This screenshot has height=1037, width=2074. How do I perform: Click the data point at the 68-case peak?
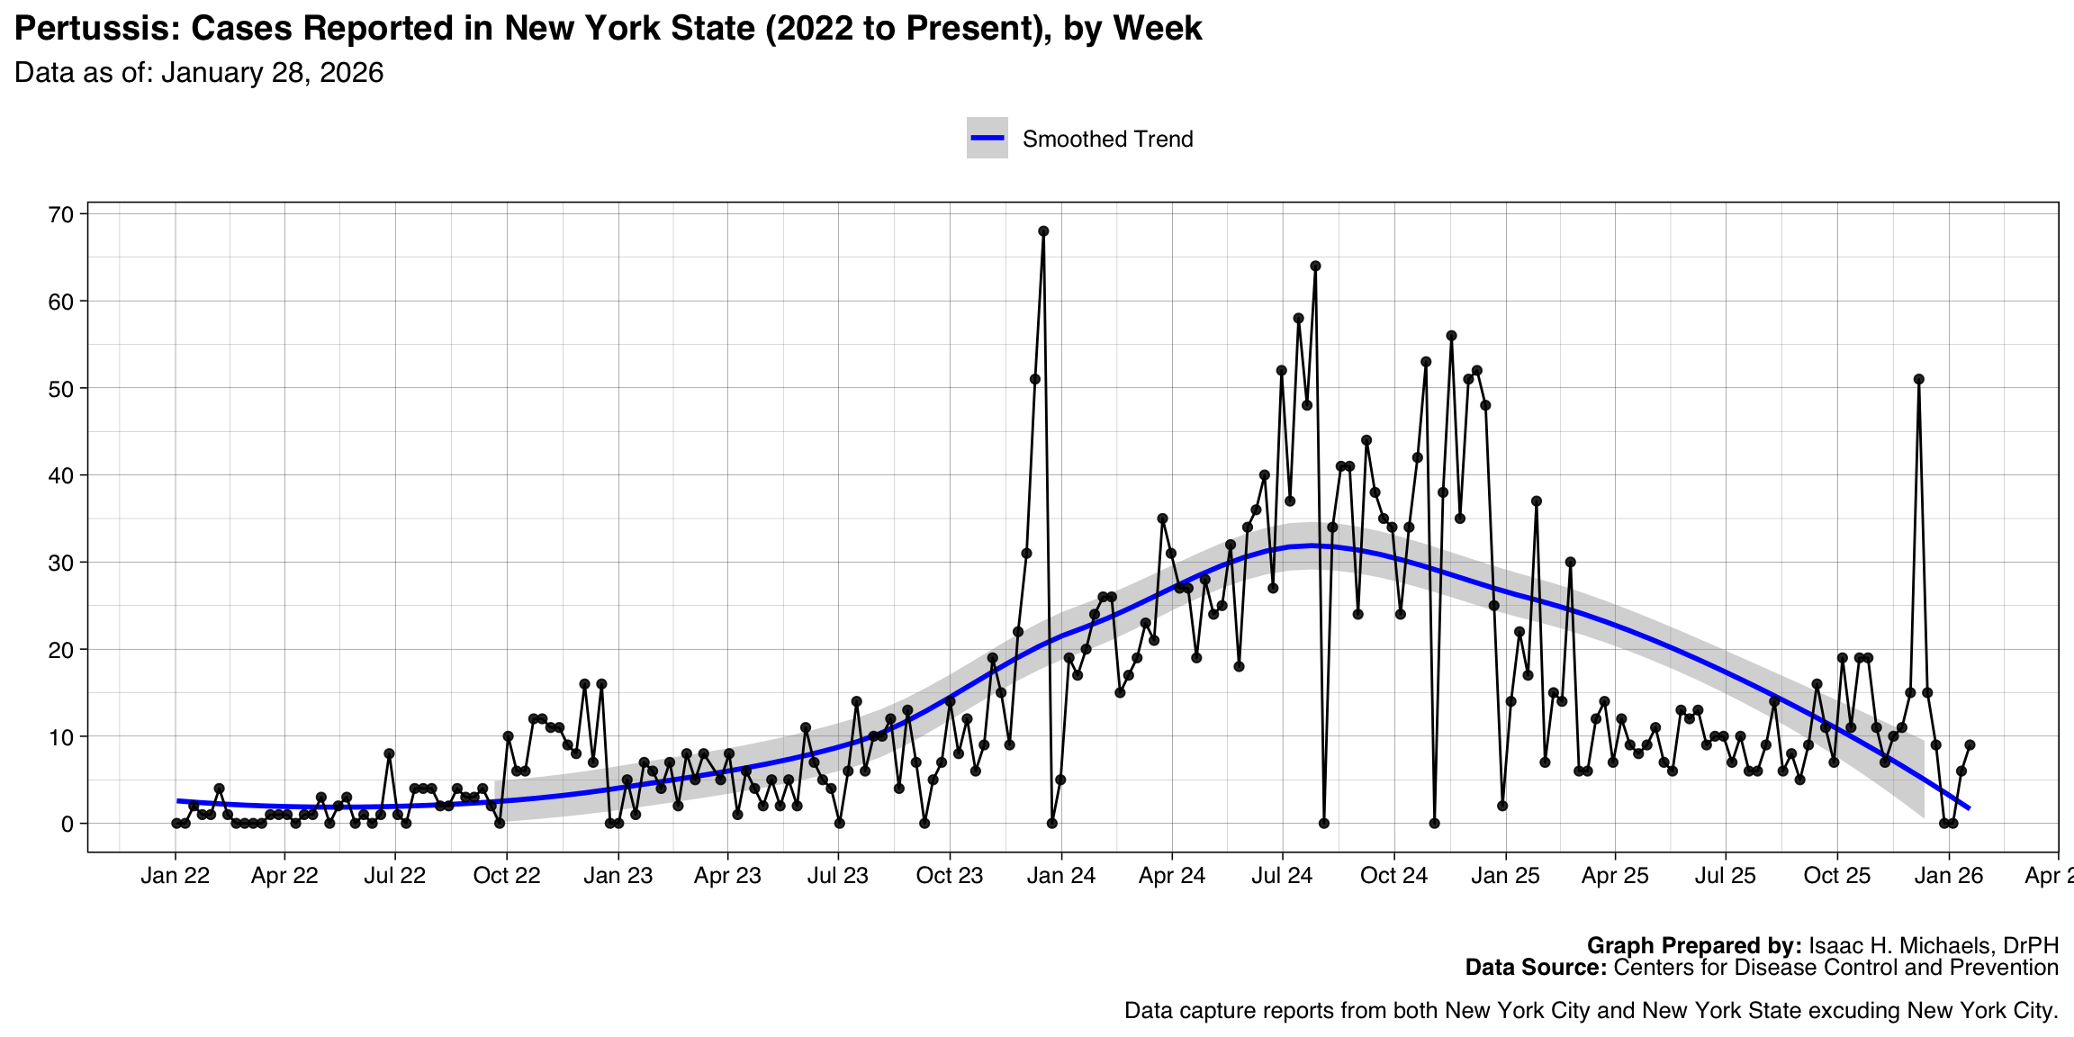pyautogui.click(x=1043, y=231)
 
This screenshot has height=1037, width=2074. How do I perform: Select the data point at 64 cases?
pyautogui.click(x=1315, y=266)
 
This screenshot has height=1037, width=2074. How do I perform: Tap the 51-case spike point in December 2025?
pyautogui.click(x=1918, y=379)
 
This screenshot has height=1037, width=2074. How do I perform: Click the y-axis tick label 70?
pyautogui.click(x=61, y=214)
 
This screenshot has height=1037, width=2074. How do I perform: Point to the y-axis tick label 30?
pyautogui.click(x=61, y=563)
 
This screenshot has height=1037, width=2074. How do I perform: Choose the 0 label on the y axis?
pyautogui.click(x=68, y=824)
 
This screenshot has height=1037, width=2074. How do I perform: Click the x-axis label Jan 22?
pyautogui.click(x=175, y=876)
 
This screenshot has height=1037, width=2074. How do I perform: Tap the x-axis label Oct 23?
pyautogui.click(x=950, y=876)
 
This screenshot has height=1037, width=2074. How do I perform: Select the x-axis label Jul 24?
pyautogui.click(x=1282, y=876)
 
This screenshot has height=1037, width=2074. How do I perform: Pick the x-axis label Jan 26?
pyautogui.click(x=1949, y=876)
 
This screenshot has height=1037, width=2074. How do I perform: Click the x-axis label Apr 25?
pyautogui.click(x=1615, y=876)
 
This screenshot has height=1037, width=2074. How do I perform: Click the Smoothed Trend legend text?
pyautogui.click(x=1107, y=140)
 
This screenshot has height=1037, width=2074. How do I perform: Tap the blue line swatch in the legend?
pyautogui.click(x=987, y=138)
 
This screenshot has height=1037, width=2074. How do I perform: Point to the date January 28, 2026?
pyautogui.click(x=272, y=73)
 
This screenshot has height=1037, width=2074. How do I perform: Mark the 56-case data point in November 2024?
pyautogui.click(x=1451, y=336)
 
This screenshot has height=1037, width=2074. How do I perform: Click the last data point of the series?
pyautogui.click(x=1970, y=744)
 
